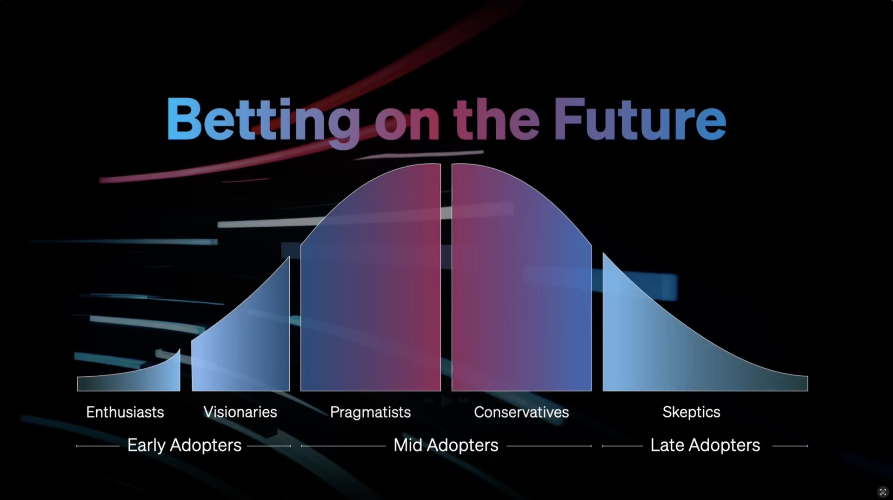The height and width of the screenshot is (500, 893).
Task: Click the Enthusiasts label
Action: tap(125, 412)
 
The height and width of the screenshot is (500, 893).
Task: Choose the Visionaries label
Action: tap(240, 412)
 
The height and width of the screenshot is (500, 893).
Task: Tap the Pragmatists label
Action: tap(370, 413)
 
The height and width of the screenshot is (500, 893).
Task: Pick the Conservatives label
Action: tap(521, 412)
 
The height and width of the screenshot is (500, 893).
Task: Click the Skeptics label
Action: tap(691, 413)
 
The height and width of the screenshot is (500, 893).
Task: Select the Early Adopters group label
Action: tap(184, 446)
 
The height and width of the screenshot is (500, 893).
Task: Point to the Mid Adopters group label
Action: tap(446, 446)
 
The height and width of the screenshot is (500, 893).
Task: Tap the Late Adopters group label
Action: tap(705, 446)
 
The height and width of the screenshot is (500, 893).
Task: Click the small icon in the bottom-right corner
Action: tap(883, 492)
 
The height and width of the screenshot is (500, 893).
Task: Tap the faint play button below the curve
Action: tap(446, 401)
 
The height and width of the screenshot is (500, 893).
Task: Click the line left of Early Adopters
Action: tap(98, 446)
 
